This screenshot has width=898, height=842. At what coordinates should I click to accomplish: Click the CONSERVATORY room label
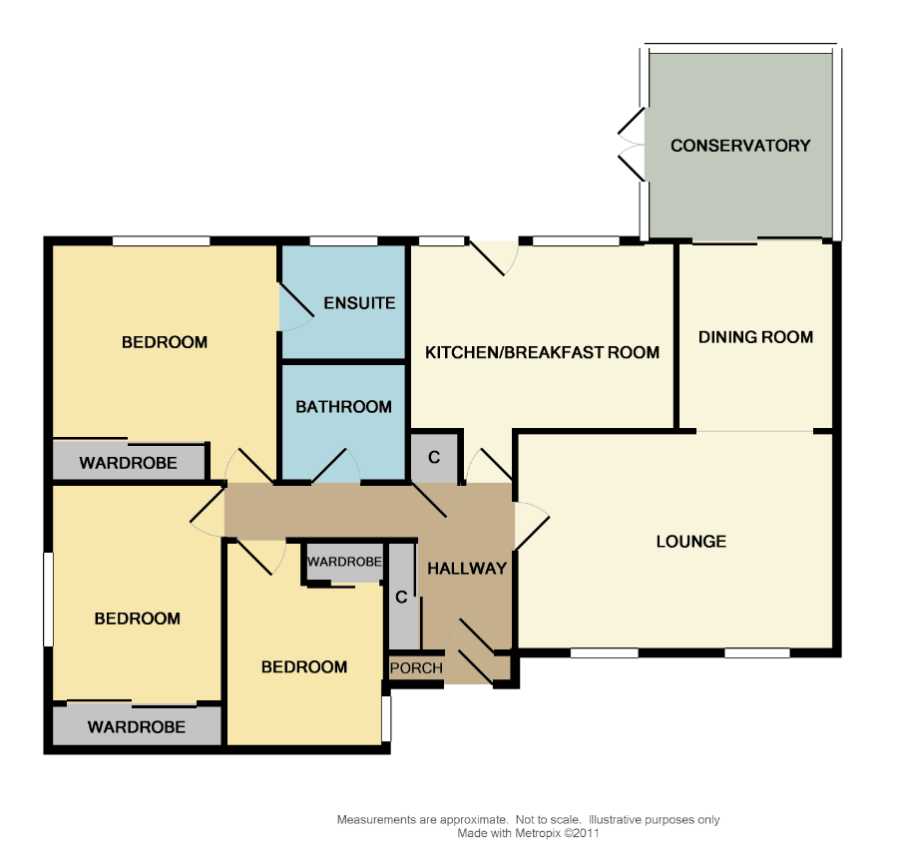coord(740,146)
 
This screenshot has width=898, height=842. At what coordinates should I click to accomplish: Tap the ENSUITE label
coord(359,303)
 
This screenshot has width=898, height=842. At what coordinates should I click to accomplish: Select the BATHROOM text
coord(343,407)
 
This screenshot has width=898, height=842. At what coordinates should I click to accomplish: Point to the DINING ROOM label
coord(755,337)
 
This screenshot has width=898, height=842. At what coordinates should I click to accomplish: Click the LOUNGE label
coord(690,542)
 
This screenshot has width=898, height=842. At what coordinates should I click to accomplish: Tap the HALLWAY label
coord(467,569)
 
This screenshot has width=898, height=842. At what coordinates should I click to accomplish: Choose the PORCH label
coord(416,667)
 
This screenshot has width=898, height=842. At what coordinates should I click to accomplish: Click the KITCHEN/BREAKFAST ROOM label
coord(542,352)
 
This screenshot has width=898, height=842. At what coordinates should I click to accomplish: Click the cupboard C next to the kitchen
coord(434,457)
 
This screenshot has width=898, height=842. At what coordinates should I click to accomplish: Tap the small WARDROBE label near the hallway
coord(344,562)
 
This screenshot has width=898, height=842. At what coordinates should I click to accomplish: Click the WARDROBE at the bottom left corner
coord(137,727)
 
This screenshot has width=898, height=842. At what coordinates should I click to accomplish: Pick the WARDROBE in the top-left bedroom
coord(129,463)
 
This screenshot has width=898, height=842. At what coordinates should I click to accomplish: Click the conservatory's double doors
coord(632,145)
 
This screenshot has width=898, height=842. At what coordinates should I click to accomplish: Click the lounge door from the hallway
coord(532,526)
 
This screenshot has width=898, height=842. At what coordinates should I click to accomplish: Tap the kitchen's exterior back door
coord(494,257)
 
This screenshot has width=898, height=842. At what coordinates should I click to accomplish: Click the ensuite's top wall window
coord(343,240)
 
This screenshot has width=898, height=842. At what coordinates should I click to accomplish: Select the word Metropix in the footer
coord(538,833)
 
